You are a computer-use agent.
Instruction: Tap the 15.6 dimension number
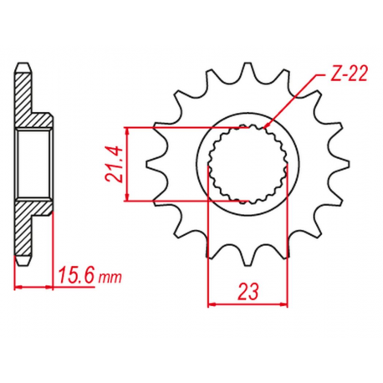pos(75,274)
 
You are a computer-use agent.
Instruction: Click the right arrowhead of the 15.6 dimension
pos(54,285)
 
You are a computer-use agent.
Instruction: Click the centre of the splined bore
pos(249,164)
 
